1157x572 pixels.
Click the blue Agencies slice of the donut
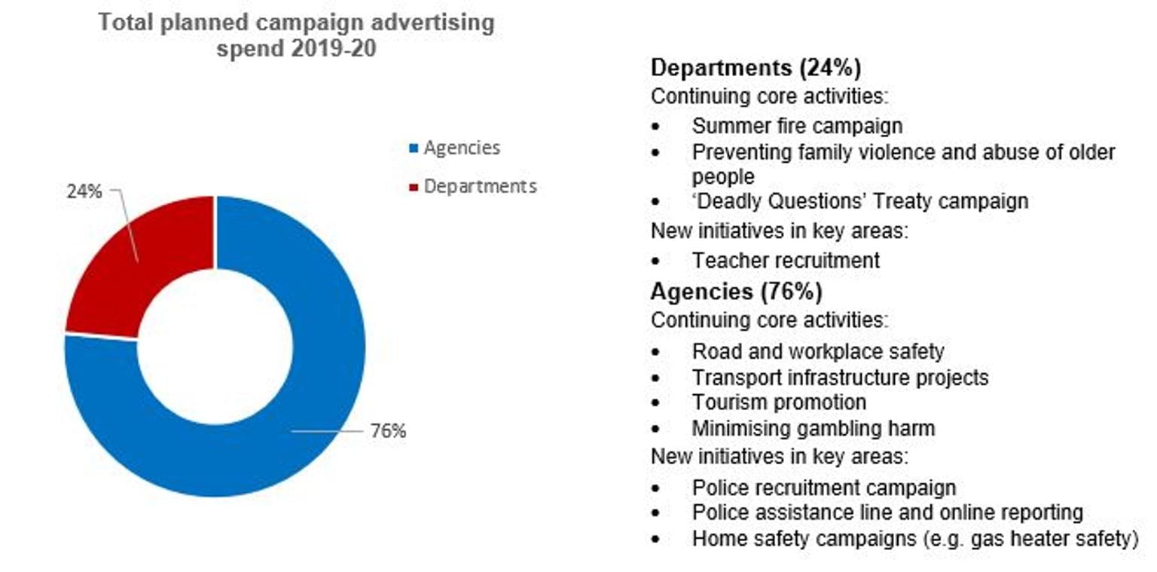click(301, 422)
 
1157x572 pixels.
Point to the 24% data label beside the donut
click(84, 191)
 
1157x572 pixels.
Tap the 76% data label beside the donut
click(388, 431)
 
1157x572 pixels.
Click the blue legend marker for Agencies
click(413, 148)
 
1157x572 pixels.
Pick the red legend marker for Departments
click(413, 187)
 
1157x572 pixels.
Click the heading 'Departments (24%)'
click(756, 68)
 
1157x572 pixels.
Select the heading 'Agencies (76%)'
click(736, 291)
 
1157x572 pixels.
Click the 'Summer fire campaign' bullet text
click(797, 125)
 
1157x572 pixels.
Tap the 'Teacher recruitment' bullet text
click(786, 261)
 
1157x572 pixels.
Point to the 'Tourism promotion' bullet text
click(779, 402)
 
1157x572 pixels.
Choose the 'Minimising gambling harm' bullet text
click(813, 429)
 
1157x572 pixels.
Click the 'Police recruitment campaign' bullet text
click(824, 488)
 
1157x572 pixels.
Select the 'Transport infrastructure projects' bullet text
click(840, 377)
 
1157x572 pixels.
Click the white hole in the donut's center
click(215, 346)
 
